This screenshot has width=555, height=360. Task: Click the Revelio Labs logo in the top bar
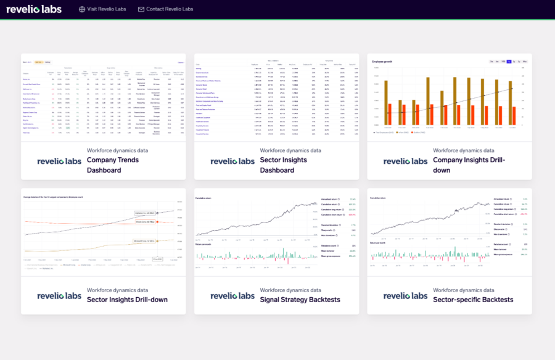pos(34,9)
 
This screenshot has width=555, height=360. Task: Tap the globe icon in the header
pos(82,9)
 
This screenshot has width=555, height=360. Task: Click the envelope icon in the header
pos(141,9)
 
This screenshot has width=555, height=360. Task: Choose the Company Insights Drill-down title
pos(469,165)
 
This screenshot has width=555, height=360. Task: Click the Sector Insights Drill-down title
pos(126,300)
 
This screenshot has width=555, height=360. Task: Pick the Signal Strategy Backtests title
pos(300,300)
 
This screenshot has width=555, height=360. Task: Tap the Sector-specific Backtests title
pos(473,300)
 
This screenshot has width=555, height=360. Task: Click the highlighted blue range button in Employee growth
pos(509,62)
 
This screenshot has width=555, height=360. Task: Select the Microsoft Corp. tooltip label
pos(143,240)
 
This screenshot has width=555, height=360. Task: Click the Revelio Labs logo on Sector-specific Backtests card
pos(405,295)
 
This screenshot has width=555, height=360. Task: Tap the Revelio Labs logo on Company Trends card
pos(59,161)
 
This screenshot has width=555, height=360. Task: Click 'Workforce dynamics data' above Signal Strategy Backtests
pos(290,290)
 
